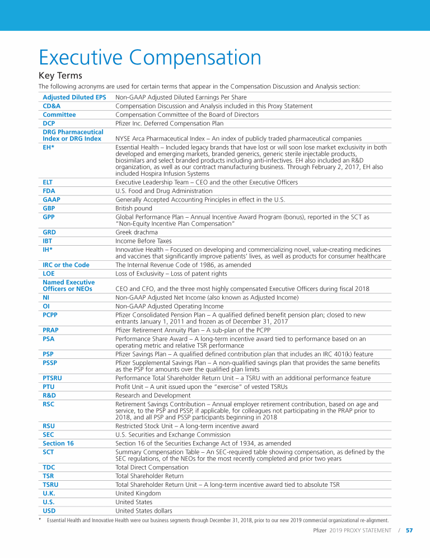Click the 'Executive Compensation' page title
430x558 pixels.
[149, 58]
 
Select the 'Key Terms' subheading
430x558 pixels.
[60, 76]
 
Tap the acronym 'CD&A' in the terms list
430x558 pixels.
[52, 106]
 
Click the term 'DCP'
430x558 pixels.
[49, 123]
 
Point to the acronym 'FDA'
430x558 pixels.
[49, 191]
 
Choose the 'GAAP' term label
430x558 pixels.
[52, 199]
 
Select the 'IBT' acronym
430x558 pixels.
[48, 241]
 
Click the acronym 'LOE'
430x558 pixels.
[49, 273]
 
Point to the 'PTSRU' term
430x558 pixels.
[52, 378]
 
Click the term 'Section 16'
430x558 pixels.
[58, 443]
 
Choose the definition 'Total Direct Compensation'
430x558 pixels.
[152, 467]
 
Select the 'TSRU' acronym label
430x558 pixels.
[50, 485]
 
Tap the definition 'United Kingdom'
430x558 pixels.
[138, 493]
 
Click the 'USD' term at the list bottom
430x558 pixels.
[49, 510]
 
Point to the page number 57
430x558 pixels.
[409, 531]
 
